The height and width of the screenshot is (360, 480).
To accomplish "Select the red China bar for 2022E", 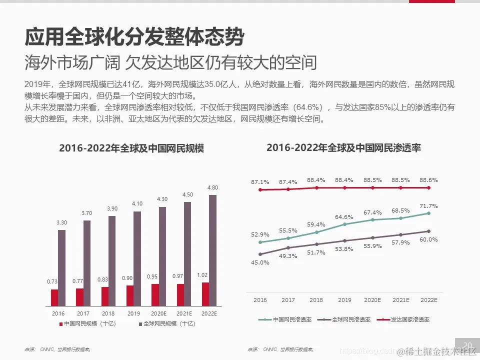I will (x=205, y=294).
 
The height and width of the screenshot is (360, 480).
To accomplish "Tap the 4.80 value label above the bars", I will (x=212, y=187).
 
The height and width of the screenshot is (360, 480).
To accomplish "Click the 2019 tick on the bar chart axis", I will (x=133, y=313).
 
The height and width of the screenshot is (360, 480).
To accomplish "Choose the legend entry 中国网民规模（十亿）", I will (x=87, y=323).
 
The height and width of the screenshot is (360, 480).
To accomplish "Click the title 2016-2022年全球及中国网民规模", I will (x=131, y=148).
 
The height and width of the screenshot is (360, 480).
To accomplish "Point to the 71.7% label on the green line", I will (x=429, y=205).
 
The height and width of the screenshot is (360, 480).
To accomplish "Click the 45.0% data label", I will (x=260, y=262).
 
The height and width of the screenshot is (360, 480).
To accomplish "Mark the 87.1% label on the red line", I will (x=260, y=182).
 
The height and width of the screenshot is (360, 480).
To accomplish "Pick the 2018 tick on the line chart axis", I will (x=316, y=300).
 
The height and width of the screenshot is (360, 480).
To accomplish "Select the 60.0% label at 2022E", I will (x=429, y=239).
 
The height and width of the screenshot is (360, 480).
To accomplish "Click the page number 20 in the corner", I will (x=468, y=345).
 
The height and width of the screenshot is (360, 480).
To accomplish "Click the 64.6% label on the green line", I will (x=344, y=217).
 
